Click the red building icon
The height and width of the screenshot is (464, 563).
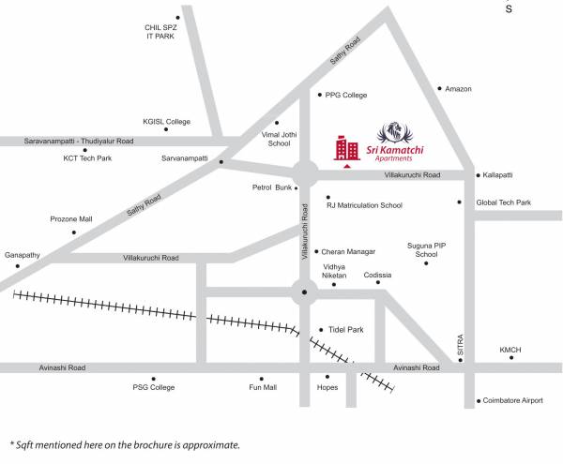346,147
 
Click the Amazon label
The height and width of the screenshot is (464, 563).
458,89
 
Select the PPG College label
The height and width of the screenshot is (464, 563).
346,96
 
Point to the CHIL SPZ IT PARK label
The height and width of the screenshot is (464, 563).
160,31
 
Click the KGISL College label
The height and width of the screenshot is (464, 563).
166,122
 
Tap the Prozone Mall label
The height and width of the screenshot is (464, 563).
71,219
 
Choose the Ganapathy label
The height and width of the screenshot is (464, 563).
23,255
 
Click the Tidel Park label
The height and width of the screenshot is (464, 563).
346,330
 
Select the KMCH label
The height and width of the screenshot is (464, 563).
510,351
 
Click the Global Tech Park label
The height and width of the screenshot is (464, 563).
503,202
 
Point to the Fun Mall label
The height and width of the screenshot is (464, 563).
263,387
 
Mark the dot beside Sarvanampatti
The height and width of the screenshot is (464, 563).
221,162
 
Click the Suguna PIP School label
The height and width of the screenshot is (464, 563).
426,249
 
